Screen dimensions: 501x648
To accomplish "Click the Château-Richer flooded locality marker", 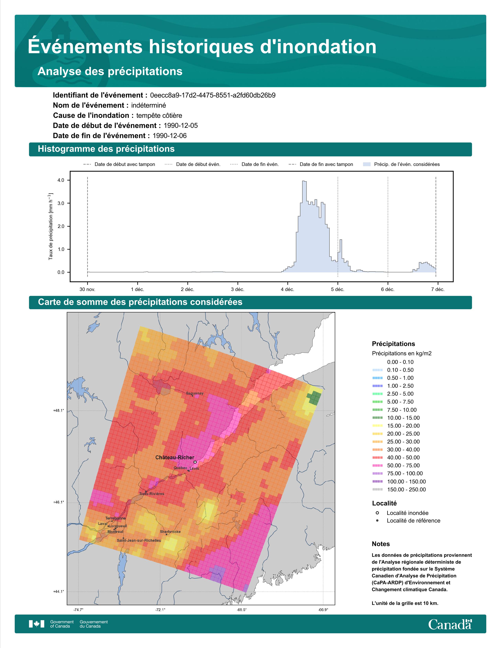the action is click(195, 462).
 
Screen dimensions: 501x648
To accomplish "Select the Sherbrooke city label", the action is click(170, 532).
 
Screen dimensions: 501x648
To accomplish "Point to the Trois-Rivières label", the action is click(152, 494).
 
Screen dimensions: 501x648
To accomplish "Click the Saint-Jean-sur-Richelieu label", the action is click(139, 540).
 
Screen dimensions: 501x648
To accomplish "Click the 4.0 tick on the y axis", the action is click(61, 180).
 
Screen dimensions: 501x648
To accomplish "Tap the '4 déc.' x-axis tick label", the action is click(288, 289).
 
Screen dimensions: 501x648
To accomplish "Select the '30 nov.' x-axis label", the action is click(87, 289).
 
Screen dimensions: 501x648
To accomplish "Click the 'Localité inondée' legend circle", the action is click(377, 513).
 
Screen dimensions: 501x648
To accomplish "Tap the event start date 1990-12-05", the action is click(181, 125).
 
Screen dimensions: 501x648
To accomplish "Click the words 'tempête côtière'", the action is click(159, 115).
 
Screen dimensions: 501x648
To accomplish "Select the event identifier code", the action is click(213, 95).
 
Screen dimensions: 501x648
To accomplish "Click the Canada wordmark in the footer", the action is click(450, 625).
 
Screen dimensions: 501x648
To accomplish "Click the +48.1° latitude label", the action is click(59, 411).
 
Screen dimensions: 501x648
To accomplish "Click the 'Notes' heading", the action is click(381, 544).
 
